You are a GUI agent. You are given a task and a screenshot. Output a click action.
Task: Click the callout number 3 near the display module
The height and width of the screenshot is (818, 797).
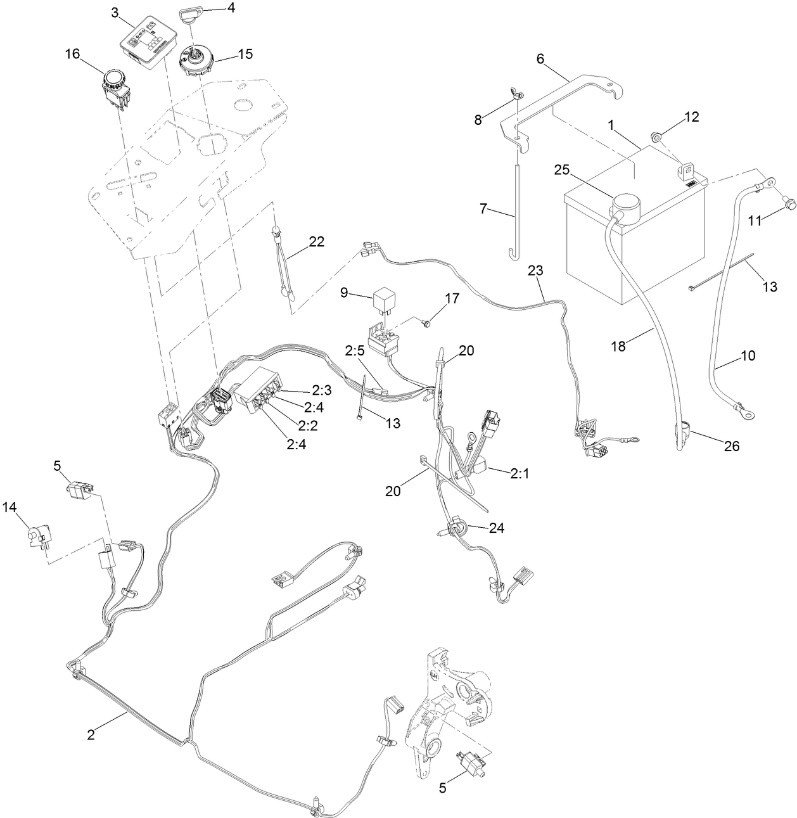pos(114,12)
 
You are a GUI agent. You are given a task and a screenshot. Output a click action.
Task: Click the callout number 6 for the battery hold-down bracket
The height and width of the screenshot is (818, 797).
pos(540,58)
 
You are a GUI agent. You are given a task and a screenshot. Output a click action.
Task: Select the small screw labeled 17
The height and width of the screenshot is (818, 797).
pos(428,323)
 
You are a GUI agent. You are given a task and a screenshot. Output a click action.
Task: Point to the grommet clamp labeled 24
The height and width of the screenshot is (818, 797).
pos(456,527)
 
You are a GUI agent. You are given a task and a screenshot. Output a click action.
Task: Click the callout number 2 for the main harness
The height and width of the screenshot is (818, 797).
pos(91,735)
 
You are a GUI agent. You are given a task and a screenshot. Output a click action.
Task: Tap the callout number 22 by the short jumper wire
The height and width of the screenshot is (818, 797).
pos(316,241)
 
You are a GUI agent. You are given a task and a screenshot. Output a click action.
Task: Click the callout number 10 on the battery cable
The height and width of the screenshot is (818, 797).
pos(748,355)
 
